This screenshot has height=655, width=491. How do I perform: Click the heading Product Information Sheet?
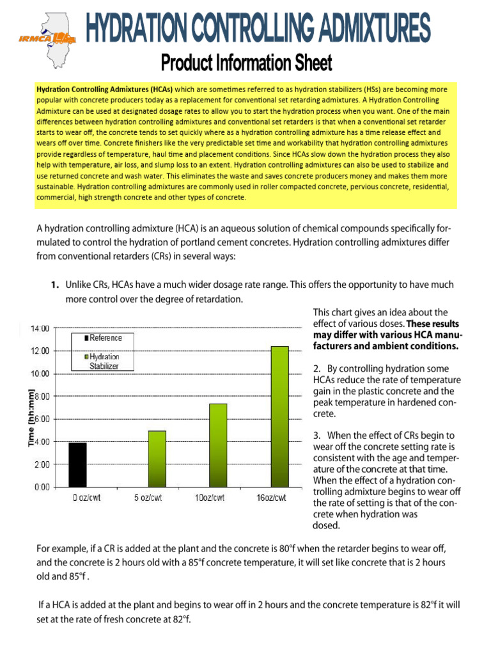246,63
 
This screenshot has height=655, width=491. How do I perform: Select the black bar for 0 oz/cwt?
77,464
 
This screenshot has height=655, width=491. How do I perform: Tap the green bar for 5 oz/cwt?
157,459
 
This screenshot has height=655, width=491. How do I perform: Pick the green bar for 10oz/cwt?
218,445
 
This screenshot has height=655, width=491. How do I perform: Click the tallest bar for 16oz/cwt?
279,416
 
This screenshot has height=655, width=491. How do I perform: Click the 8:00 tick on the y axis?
41,397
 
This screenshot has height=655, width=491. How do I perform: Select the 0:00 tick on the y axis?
41,487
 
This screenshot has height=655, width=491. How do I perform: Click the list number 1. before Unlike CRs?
56,285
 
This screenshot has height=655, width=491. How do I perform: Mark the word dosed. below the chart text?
327,525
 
